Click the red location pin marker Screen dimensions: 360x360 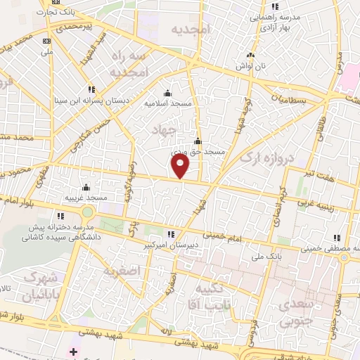pos(181,166)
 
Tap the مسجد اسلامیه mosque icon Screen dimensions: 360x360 pos(167,93)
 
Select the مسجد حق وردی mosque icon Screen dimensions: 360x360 pos(198,141)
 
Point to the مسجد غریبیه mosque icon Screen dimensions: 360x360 pos(86,188)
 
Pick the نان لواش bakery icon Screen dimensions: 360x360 pos(249,56)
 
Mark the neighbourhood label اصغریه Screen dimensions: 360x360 pos(122,270)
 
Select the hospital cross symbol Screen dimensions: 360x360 pos(74,351)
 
